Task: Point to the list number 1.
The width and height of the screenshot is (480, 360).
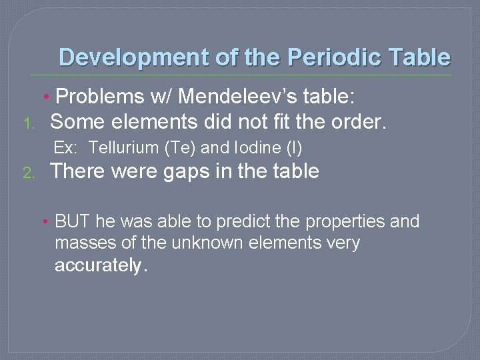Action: click(x=27, y=123)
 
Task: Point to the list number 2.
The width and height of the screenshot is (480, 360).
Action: click(x=27, y=173)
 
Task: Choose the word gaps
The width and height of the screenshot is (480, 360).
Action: click(x=187, y=172)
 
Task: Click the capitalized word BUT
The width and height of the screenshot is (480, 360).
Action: click(x=73, y=221)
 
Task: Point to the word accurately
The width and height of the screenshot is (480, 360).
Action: click(x=97, y=266)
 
